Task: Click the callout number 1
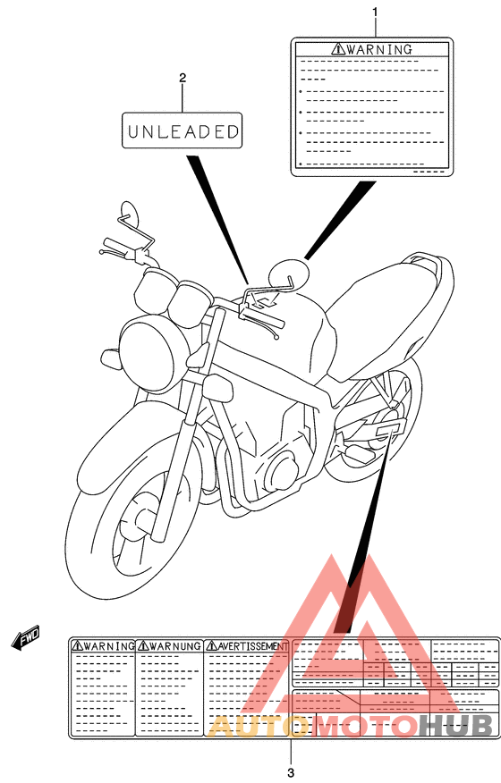pos(375,12)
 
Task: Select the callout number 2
pos(183,78)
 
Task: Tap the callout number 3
pos(291,770)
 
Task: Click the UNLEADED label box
pos(183,130)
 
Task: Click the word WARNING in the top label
pos(379,49)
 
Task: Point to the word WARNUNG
pos(176,644)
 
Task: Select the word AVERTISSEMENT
pos(252,644)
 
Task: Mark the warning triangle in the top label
pos(337,49)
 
